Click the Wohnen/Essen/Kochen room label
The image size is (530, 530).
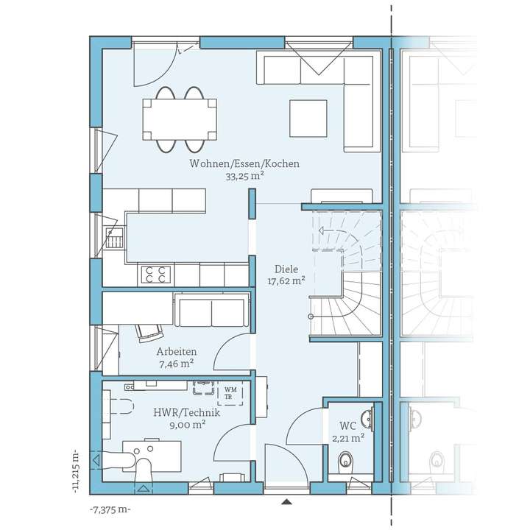click(x=244, y=164)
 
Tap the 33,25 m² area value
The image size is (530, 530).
click(x=245, y=176)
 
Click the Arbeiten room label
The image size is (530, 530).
click(x=176, y=351)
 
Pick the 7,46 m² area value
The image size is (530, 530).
click(x=176, y=363)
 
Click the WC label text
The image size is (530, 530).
click(x=348, y=426)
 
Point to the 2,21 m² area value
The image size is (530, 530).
click(x=348, y=438)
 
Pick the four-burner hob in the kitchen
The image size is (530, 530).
click(x=156, y=275)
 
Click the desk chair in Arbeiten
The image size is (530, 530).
click(x=150, y=331)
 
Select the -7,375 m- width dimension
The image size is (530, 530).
click(x=110, y=510)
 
